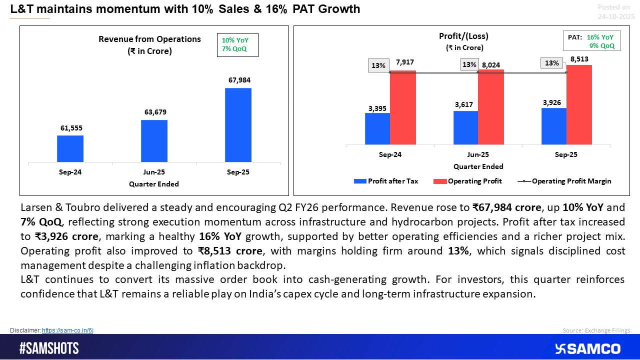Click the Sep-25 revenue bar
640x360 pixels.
238,125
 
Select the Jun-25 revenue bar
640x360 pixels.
154,141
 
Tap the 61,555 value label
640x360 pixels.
70,128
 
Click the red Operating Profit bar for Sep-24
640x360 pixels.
402,107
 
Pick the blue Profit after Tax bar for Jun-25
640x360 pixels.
465,127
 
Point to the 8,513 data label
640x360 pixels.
579,59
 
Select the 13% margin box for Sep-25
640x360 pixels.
552,63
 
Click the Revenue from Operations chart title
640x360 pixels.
149,39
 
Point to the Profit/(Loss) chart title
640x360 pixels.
463,36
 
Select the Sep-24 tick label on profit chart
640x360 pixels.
390,154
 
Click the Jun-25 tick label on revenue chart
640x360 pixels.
154,172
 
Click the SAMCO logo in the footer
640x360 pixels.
588,348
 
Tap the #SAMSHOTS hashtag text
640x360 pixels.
49,348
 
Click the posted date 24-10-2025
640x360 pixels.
616,16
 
